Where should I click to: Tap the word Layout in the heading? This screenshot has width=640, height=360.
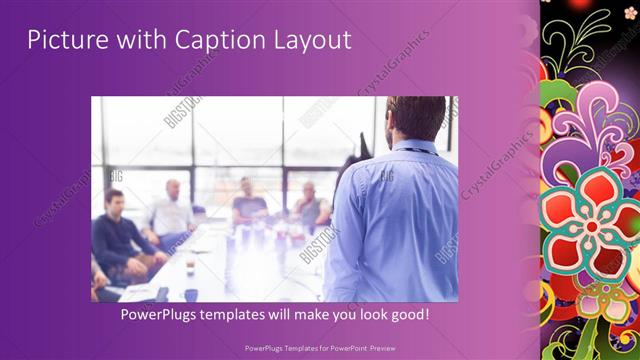pos(311,40)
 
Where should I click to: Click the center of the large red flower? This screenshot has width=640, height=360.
pos(592,226)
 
